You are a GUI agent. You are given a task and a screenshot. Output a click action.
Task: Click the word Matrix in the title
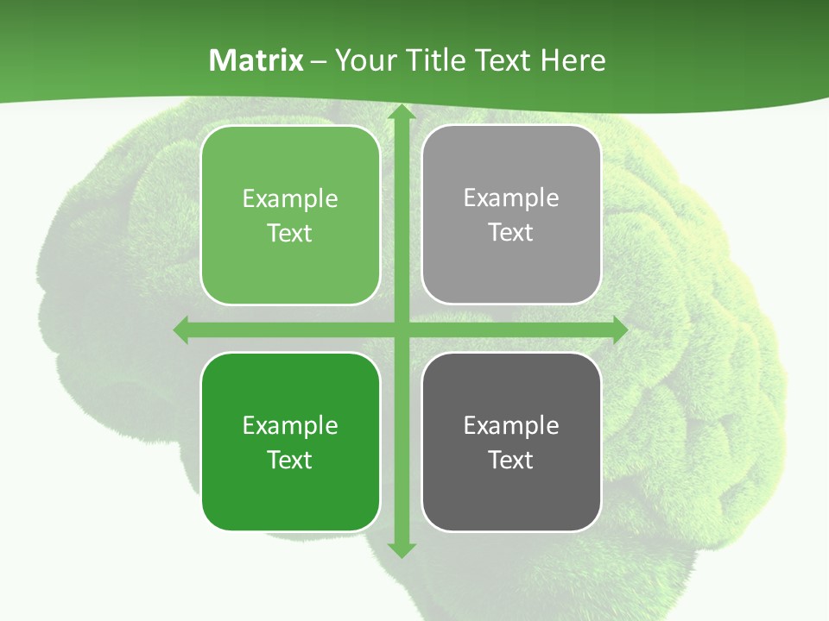pyautogui.click(x=256, y=60)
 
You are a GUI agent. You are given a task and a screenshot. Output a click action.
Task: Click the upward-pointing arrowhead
pyautogui.click(x=401, y=112)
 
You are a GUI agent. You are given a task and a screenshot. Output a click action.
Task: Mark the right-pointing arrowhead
pyautogui.click(x=619, y=329)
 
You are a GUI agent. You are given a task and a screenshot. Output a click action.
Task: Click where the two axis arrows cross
pyautogui.click(x=401, y=329)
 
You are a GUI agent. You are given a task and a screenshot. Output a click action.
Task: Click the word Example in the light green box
pyautogui.click(x=290, y=199)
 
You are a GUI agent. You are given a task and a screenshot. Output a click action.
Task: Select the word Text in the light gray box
pyautogui.click(x=511, y=233)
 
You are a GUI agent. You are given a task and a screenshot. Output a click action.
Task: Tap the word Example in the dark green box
pyautogui.click(x=290, y=425)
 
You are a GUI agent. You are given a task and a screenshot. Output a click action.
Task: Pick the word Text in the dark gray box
pyautogui.click(x=511, y=460)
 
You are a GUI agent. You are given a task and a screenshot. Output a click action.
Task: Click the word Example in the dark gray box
pyautogui.click(x=511, y=425)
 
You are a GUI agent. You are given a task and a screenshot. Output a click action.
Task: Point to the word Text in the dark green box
pyautogui.click(x=290, y=460)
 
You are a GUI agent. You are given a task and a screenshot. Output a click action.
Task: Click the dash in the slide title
pyautogui.click(x=319, y=61)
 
